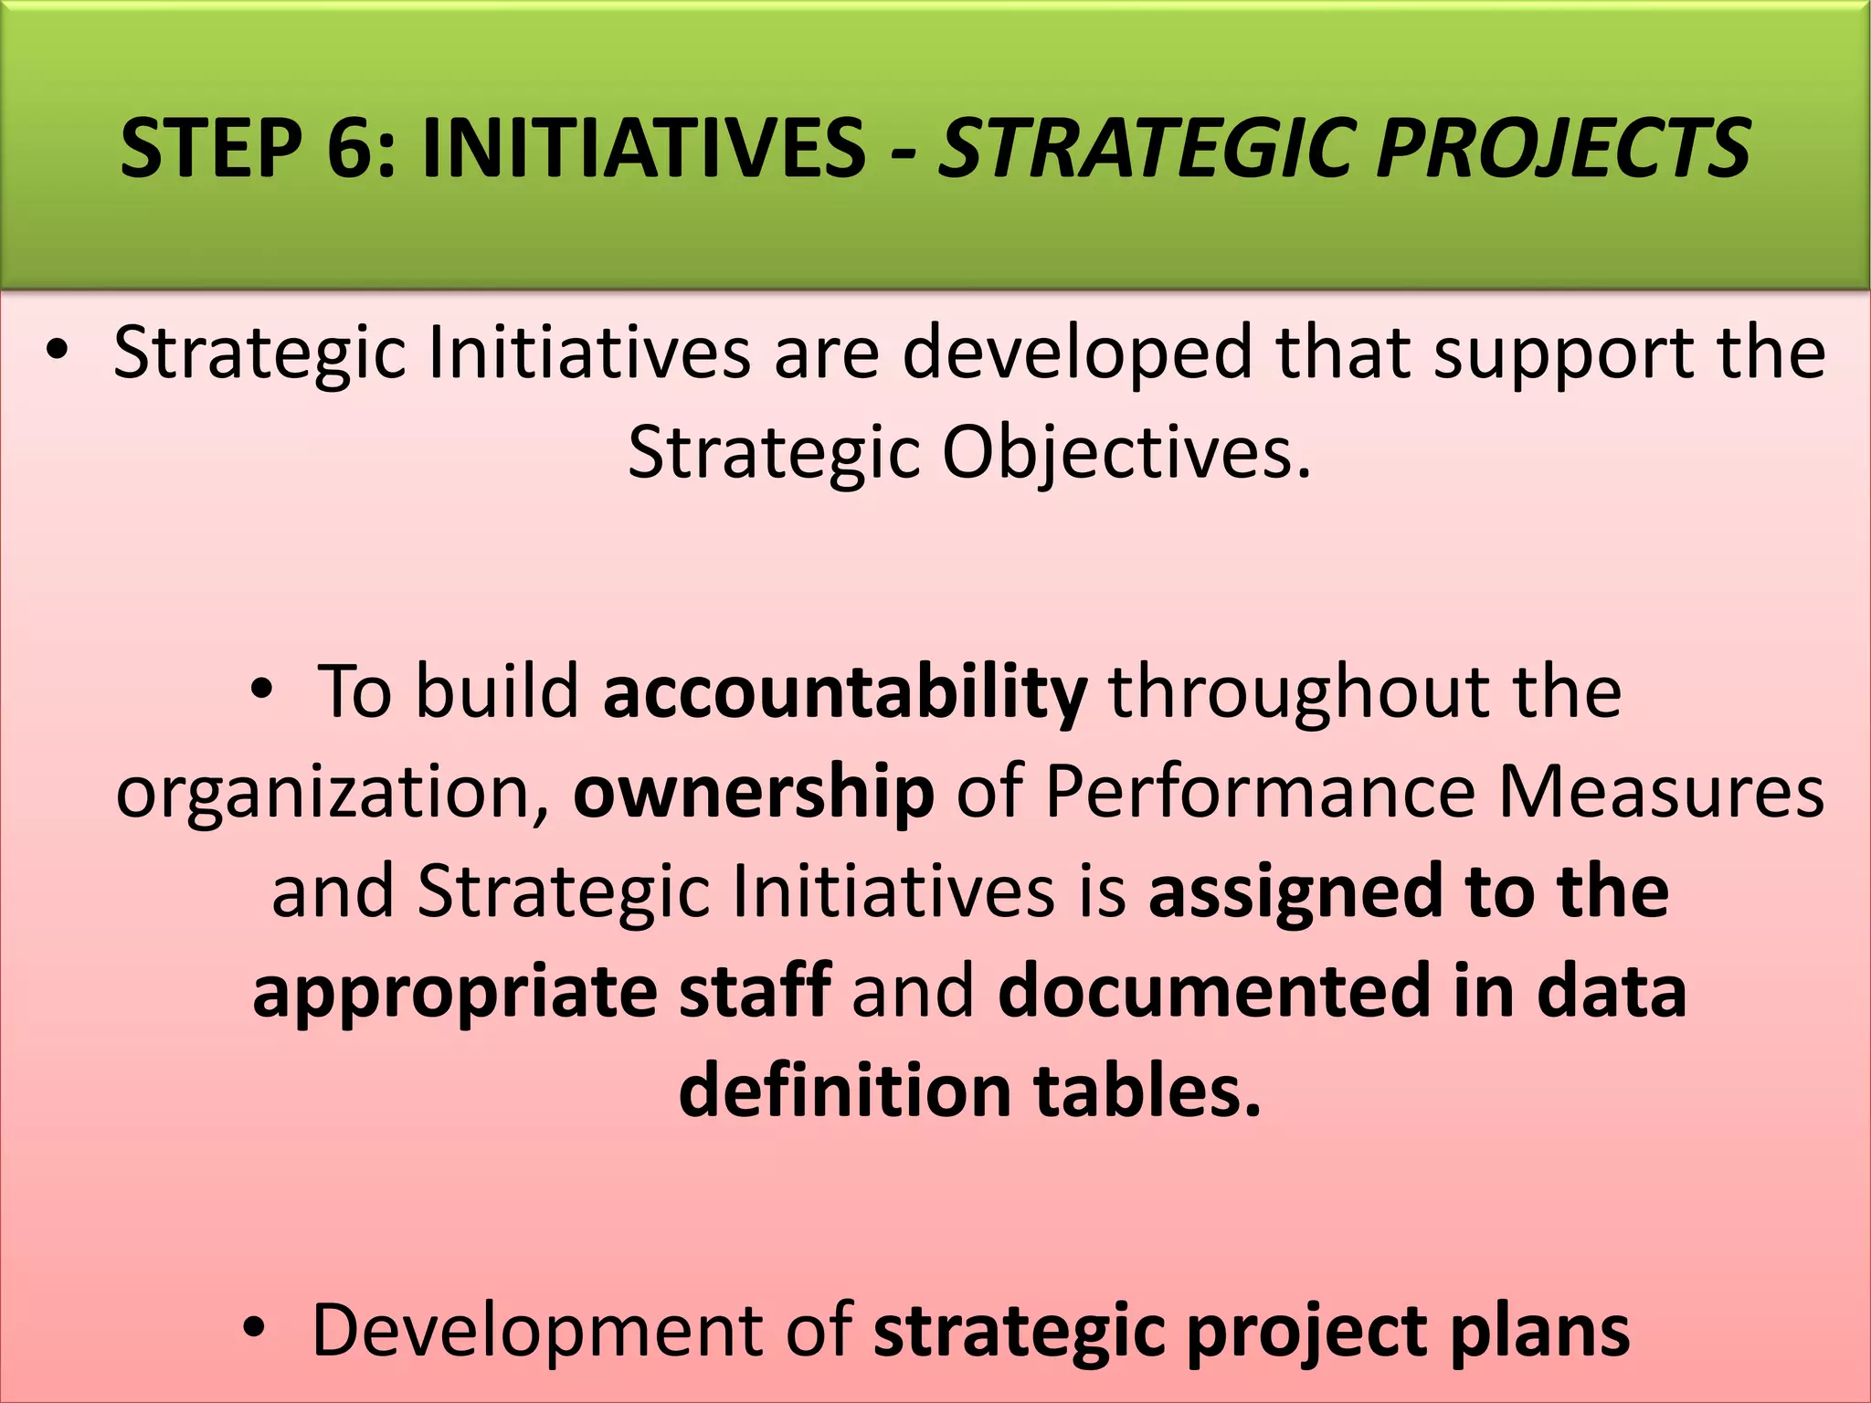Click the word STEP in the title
[211, 148]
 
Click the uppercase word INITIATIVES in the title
[644, 148]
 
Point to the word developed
[1078, 354]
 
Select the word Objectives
[1126, 454]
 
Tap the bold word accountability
[845, 691]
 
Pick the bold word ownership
[754, 791]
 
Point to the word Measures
[1661, 791]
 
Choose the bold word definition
[844, 1091]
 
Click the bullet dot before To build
[262, 691]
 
